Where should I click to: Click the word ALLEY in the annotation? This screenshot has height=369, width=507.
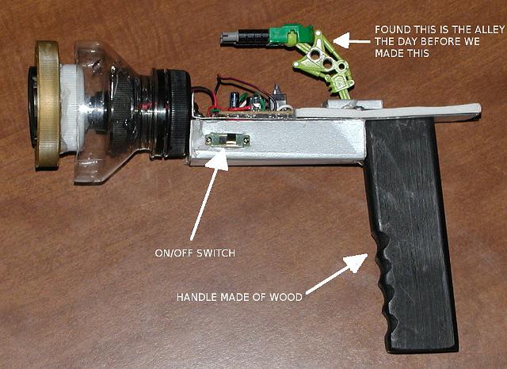(x=487, y=30)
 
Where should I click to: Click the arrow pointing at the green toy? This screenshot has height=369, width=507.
(x=352, y=40)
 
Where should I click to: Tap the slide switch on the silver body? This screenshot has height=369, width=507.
(x=227, y=141)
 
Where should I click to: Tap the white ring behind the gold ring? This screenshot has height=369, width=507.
(x=73, y=108)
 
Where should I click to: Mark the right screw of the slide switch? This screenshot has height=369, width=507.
(x=246, y=140)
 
